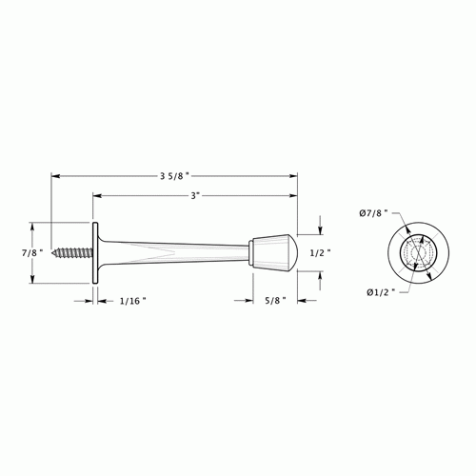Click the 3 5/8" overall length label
pos(175,174)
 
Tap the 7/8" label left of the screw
pos(16,253)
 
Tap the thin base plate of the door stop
pos(94,253)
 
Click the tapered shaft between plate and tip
pos(171,253)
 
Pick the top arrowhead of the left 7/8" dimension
pos(35,227)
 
